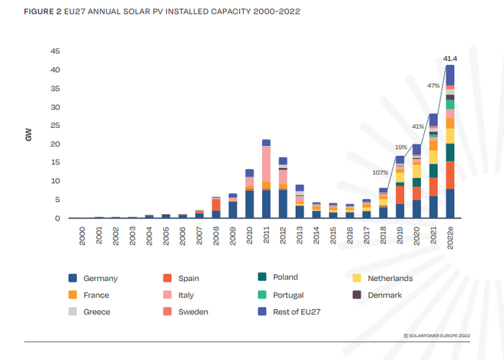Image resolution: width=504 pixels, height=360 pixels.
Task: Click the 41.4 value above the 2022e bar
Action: [x=450, y=57]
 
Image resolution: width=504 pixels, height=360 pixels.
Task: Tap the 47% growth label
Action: [x=433, y=86]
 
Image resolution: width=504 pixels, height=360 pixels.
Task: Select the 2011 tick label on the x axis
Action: [x=266, y=236]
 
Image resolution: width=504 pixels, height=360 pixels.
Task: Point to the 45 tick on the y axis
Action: [x=55, y=51]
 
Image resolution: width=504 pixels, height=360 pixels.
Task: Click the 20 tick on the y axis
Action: [x=55, y=144]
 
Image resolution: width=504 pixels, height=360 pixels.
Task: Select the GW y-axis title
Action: [x=30, y=134]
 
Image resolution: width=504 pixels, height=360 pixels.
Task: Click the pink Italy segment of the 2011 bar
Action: [x=266, y=164]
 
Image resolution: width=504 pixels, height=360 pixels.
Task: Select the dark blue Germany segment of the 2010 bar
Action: [x=249, y=203]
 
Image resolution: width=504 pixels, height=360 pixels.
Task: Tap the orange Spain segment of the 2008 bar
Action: [x=215, y=205]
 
